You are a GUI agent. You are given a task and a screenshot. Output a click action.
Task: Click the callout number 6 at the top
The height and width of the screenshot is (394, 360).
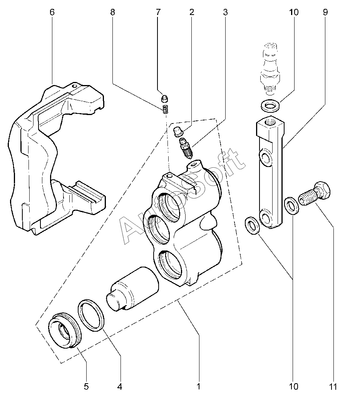click(52, 12)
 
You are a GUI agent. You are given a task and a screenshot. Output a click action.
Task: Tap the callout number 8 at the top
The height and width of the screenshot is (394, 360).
click(112, 12)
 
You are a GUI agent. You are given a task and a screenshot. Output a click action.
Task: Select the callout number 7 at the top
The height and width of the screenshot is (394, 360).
click(158, 12)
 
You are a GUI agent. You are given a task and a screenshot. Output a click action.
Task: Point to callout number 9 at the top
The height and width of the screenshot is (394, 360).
click(325, 12)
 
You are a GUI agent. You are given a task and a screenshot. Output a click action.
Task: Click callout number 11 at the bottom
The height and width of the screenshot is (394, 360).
click(333, 386)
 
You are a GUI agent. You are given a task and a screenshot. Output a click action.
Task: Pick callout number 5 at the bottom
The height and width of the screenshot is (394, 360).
click(86, 386)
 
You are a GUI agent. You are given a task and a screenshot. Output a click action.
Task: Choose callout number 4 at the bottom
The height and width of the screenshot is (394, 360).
click(120, 386)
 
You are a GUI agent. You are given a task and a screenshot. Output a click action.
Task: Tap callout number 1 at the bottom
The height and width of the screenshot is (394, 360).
click(198, 386)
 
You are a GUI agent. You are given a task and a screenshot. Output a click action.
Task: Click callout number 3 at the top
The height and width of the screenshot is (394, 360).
click(225, 12)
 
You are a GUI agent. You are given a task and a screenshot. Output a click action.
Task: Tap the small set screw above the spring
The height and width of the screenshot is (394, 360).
click(164, 99)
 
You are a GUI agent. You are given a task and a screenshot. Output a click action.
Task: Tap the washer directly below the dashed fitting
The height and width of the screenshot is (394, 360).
click(270, 106)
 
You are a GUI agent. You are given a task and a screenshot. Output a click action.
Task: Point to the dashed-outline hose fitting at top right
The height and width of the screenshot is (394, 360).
click(270, 68)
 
